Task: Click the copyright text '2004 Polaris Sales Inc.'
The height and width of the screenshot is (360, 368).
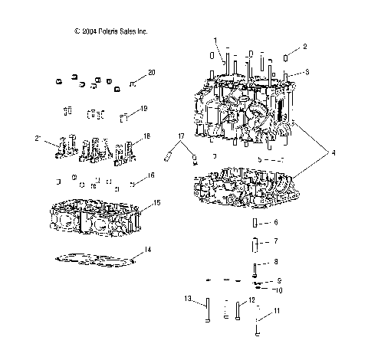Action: [110, 31]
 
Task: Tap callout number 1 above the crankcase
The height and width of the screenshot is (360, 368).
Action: [215, 39]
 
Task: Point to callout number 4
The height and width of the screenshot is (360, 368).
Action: [333, 153]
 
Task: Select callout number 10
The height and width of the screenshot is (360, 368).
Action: [278, 290]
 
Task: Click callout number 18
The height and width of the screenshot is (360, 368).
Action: [147, 136]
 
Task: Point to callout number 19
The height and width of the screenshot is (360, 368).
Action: [143, 110]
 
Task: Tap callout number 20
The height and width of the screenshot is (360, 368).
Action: [151, 72]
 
